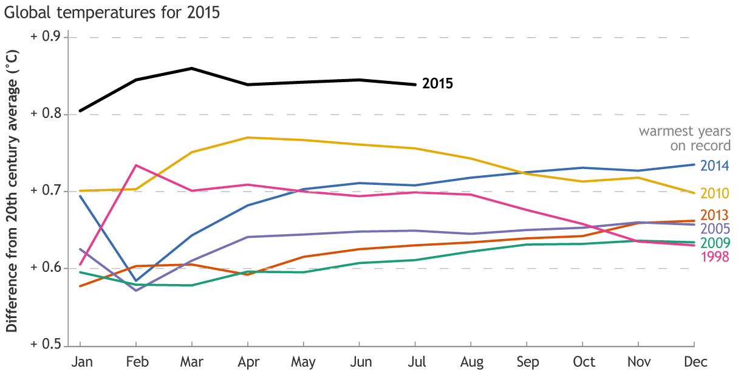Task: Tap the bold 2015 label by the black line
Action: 437,83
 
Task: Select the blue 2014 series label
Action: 714,165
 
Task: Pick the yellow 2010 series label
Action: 714,193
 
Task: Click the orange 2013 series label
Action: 714,215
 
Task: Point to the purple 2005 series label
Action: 714,229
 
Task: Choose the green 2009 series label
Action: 714,243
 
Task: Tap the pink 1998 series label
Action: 714,257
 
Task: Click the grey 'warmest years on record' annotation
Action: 685,139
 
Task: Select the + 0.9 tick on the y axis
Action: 46,37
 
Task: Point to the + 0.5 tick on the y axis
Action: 46,345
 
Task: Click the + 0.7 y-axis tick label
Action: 46,191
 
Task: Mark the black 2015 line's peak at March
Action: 192,68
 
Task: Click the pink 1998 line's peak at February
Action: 135,165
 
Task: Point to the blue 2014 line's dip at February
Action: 135,280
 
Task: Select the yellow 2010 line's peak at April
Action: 248,137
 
